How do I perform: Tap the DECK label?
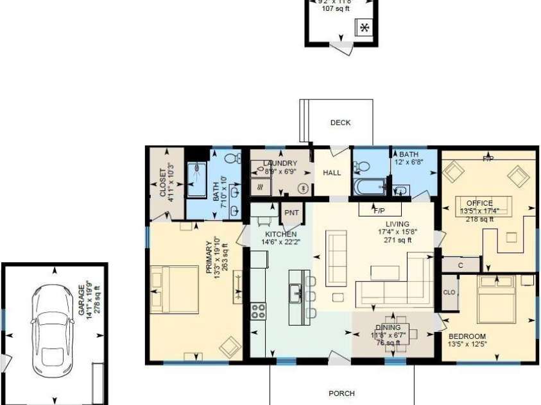tap(340, 123)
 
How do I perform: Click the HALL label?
tap(332, 173)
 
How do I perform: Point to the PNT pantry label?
tap(292, 213)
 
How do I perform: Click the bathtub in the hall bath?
tap(368, 186)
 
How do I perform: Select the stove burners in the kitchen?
tap(259, 311)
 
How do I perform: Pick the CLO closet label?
tap(449, 292)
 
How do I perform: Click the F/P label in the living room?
tap(385, 210)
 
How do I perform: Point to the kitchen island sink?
tap(296, 294)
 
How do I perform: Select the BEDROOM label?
tap(467, 336)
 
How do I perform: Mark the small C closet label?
tap(461, 264)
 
